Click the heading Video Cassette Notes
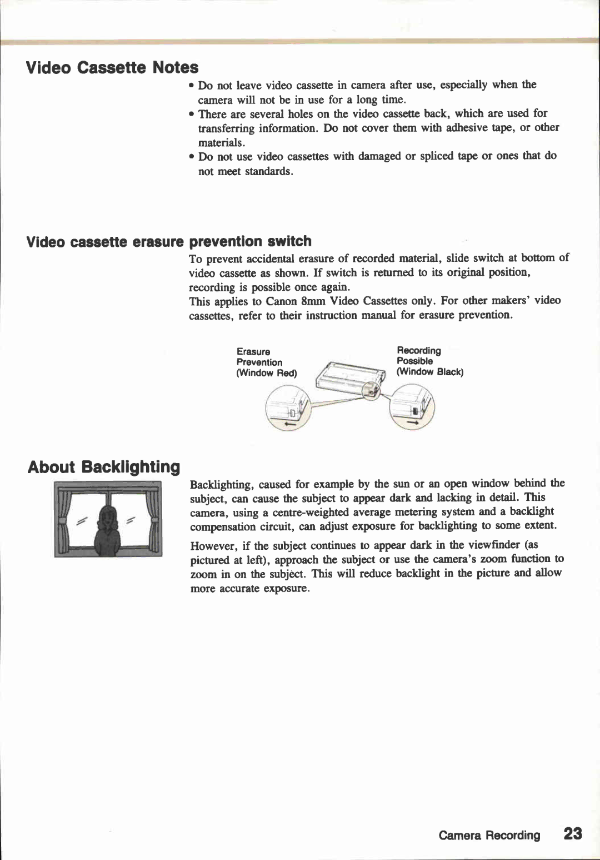tap(112, 67)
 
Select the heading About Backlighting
tap(104, 466)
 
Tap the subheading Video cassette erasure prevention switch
tap(169, 241)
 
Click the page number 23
tap(573, 833)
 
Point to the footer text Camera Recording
tap(489, 835)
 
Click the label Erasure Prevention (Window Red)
tap(266, 362)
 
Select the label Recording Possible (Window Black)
tap(429, 361)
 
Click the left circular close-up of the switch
tap(287, 409)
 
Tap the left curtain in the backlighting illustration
tap(66, 523)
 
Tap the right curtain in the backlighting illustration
tap(151, 523)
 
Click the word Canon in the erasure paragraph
tap(282, 301)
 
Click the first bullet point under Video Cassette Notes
tap(191, 86)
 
